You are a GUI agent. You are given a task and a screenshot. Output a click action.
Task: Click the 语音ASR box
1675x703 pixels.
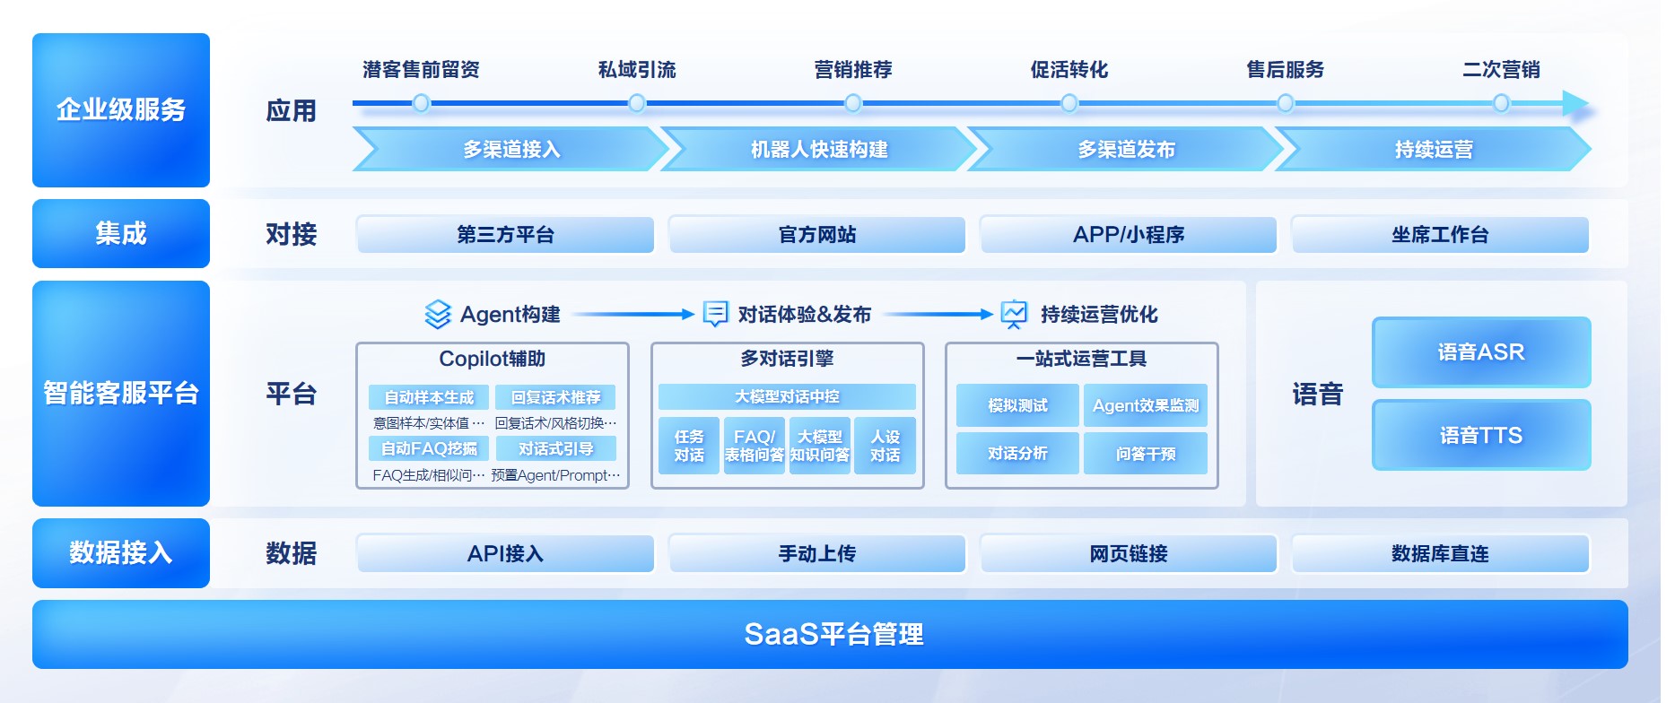click(x=1480, y=352)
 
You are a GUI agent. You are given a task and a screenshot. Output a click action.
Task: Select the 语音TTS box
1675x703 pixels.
click(x=1480, y=436)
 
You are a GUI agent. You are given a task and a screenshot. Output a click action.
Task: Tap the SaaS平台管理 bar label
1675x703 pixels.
click(x=833, y=635)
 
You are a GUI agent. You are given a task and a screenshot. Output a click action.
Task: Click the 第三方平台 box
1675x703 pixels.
click(x=505, y=235)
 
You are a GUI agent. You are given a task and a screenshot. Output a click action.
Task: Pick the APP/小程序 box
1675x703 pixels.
click(x=1128, y=235)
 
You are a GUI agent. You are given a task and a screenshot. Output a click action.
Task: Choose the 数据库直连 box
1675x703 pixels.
click(x=1439, y=554)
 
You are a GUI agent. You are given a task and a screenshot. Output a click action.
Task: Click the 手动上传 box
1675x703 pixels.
click(x=816, y=554)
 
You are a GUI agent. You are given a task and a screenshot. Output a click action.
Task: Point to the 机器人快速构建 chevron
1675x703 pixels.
click(x=818, y=150)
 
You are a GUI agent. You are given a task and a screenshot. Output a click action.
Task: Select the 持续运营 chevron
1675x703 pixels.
click(x=1433, y=150)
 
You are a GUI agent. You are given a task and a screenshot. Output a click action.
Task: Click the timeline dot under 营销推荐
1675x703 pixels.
click(x=853, y=104)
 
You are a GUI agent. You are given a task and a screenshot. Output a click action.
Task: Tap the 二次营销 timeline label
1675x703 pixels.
click(x=1501, y=70)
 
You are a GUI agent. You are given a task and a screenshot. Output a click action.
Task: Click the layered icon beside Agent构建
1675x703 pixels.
click(x=437, y=314)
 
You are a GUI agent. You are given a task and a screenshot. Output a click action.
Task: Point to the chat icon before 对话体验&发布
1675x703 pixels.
click(x=715, y=313)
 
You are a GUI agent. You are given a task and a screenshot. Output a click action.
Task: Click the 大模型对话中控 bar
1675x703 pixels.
click(x=787, y=396)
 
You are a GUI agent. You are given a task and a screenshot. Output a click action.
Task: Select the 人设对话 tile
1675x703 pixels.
click(x=885, y=446)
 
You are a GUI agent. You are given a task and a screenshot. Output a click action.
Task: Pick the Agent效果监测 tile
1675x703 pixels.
click(x=1145, y=406)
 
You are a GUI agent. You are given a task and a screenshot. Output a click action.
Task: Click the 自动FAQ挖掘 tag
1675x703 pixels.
click(x=429, y=448)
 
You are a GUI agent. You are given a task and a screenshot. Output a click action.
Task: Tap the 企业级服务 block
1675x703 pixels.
click(x=121, y=110)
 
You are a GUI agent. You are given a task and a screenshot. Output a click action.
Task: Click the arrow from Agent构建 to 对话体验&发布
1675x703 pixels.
click(x=632, y=314)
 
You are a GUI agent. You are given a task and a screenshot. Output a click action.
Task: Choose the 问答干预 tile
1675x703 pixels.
click(x=1145, y=454)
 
